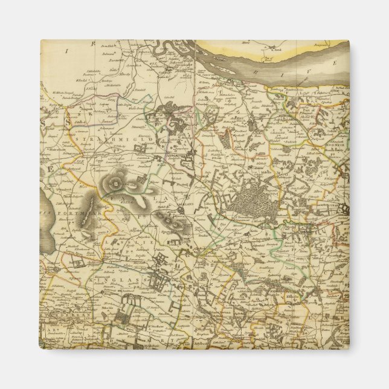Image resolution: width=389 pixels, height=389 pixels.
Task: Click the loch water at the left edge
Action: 47,211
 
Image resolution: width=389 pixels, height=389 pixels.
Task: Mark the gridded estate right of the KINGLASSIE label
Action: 161,265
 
